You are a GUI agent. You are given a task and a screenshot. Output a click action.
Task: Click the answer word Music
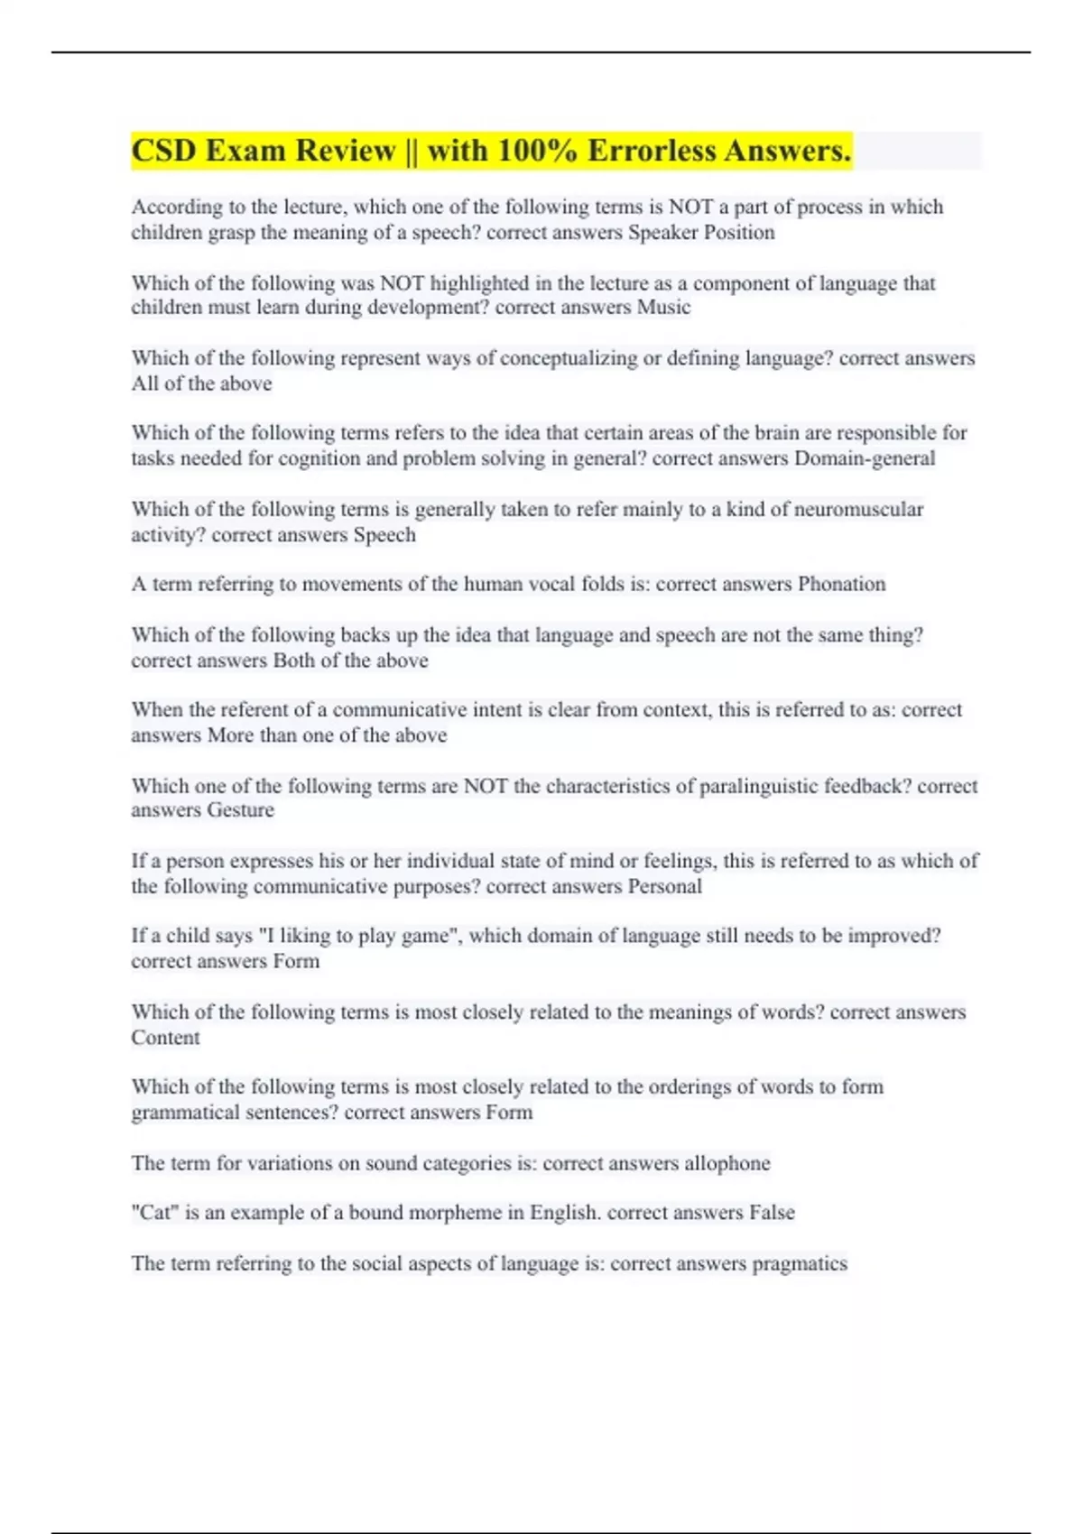tap(663, 308)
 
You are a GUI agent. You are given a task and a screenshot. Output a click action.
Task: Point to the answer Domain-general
tap(864, 458)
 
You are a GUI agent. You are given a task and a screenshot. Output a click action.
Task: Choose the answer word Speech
tap(384, 535)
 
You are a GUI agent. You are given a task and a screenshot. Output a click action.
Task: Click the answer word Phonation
tap(841, 585)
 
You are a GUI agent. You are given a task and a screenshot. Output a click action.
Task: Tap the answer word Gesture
tap(240, 810)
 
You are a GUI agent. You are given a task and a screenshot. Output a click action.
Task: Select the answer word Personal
tap(664, 886)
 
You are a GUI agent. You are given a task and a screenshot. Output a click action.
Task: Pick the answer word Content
tap(165, 1038)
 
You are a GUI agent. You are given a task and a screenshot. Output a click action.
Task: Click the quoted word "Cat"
tap(154, 1213)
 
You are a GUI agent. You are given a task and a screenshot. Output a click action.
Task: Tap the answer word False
tap(772, 1213)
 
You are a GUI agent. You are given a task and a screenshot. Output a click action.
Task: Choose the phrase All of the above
tap(201, 383)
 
